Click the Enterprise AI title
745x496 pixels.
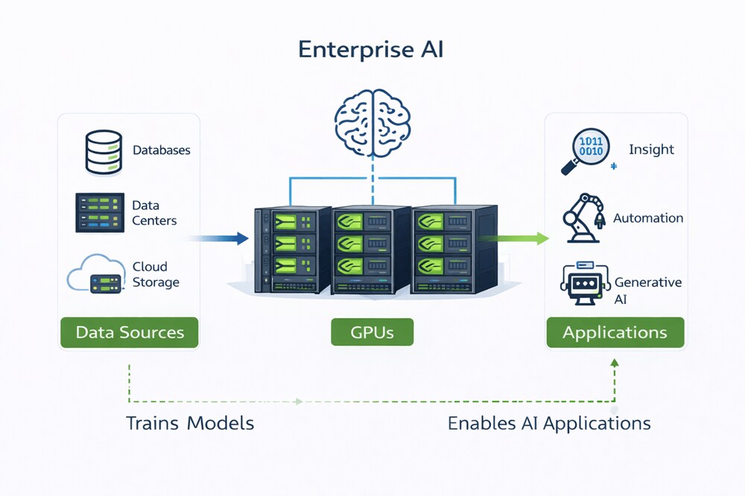point(372,49)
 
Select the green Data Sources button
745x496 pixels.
point(130,332)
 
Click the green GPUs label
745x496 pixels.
point(372,332)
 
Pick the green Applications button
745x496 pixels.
point(615,332)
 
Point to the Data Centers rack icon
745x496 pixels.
point(98,212)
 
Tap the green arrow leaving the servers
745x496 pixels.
point(514,238)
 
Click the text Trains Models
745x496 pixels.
point(190,424)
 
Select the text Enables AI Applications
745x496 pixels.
point(549,424)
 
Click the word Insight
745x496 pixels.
point(651,150)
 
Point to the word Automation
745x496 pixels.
point(647,218)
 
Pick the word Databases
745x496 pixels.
point(162,150)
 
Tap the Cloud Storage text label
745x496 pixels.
point(156,274)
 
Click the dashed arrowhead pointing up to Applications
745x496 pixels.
point(615,363)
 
